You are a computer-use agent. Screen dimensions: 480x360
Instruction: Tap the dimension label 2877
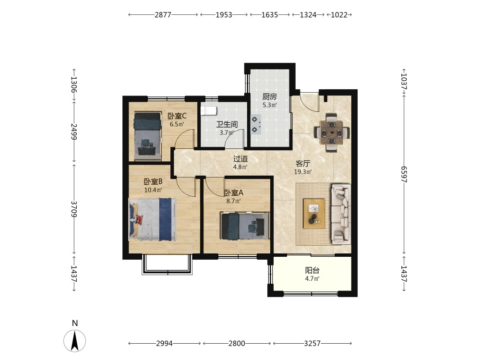[163, 15]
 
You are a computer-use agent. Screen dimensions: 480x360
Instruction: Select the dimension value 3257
[312, 344]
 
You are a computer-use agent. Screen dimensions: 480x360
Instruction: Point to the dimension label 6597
[404, 174]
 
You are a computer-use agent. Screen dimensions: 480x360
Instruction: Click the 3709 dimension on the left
[74, 209]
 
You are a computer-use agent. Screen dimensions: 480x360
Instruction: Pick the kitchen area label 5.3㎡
[270, 105]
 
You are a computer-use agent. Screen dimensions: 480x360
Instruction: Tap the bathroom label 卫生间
[227, 124]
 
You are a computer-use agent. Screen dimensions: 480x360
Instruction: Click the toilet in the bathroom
[209, 110]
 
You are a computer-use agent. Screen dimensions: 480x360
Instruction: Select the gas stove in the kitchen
[256, 125]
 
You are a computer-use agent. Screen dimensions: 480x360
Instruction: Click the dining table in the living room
[332, 132]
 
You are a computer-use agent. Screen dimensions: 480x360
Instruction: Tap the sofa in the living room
[340, 214]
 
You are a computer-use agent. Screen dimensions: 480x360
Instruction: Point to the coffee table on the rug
[314, 214]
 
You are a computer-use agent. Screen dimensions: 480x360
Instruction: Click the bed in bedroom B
[153, 219]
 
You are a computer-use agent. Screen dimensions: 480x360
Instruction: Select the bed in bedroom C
[147, 136]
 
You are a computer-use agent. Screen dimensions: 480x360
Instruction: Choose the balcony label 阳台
[312, 270]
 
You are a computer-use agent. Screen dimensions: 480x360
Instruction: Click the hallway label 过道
[240, 159]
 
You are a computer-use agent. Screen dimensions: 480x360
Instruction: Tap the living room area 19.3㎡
[303, 172]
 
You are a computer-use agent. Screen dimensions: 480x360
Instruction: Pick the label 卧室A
[234, 193]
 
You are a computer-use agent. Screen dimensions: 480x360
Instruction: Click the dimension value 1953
[224, 15]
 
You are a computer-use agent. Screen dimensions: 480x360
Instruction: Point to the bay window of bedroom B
[167, 264]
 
